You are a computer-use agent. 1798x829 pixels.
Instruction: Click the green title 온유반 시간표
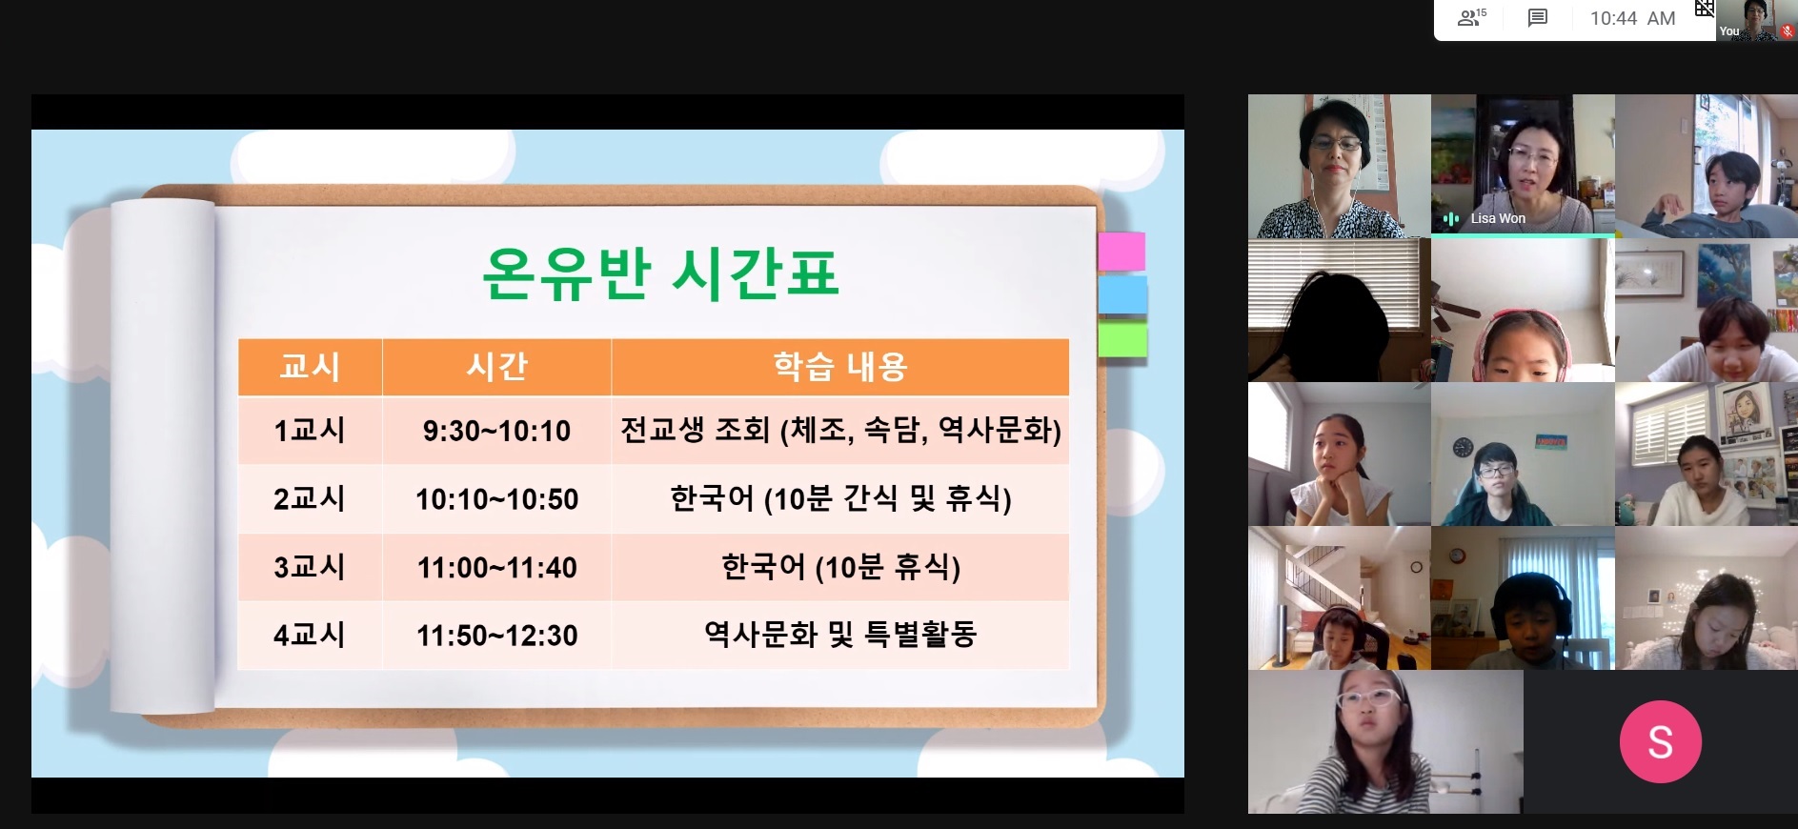[x=660, y=273]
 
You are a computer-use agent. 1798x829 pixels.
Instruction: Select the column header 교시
[x=310, y=367]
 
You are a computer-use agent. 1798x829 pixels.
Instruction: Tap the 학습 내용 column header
[x=840, y=367]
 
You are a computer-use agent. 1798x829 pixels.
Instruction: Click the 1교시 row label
[x=310, y=431]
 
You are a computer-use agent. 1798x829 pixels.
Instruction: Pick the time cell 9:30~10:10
[x=496, y=431]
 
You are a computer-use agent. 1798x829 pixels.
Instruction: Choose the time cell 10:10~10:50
[x=496, y=499]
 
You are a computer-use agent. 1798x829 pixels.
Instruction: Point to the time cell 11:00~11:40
[x=496, y=568]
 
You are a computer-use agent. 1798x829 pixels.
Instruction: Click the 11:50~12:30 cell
[x=496, y=636]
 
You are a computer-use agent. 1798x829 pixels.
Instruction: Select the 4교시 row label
[x=310, y=636]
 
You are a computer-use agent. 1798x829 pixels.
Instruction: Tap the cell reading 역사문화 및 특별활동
[x=840, y=635]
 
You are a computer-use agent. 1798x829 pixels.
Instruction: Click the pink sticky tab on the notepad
[x=1121, y=252]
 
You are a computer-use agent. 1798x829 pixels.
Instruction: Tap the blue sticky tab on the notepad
[x=1122, y=295]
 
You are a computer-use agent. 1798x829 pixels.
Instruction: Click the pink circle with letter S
[x=1660, y=741]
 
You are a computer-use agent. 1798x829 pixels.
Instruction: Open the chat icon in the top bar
[x=1537, y=18]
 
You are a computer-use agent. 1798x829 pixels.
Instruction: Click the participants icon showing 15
[x=1471, y=17]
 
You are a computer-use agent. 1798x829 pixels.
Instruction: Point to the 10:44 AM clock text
[x=1632, y=18]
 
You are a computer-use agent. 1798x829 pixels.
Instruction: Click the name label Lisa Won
[x=1498, y=218]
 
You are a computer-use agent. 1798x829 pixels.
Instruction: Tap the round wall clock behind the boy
[x=1464, y=447]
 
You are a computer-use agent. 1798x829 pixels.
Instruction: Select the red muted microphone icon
[x=1788, y=31]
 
